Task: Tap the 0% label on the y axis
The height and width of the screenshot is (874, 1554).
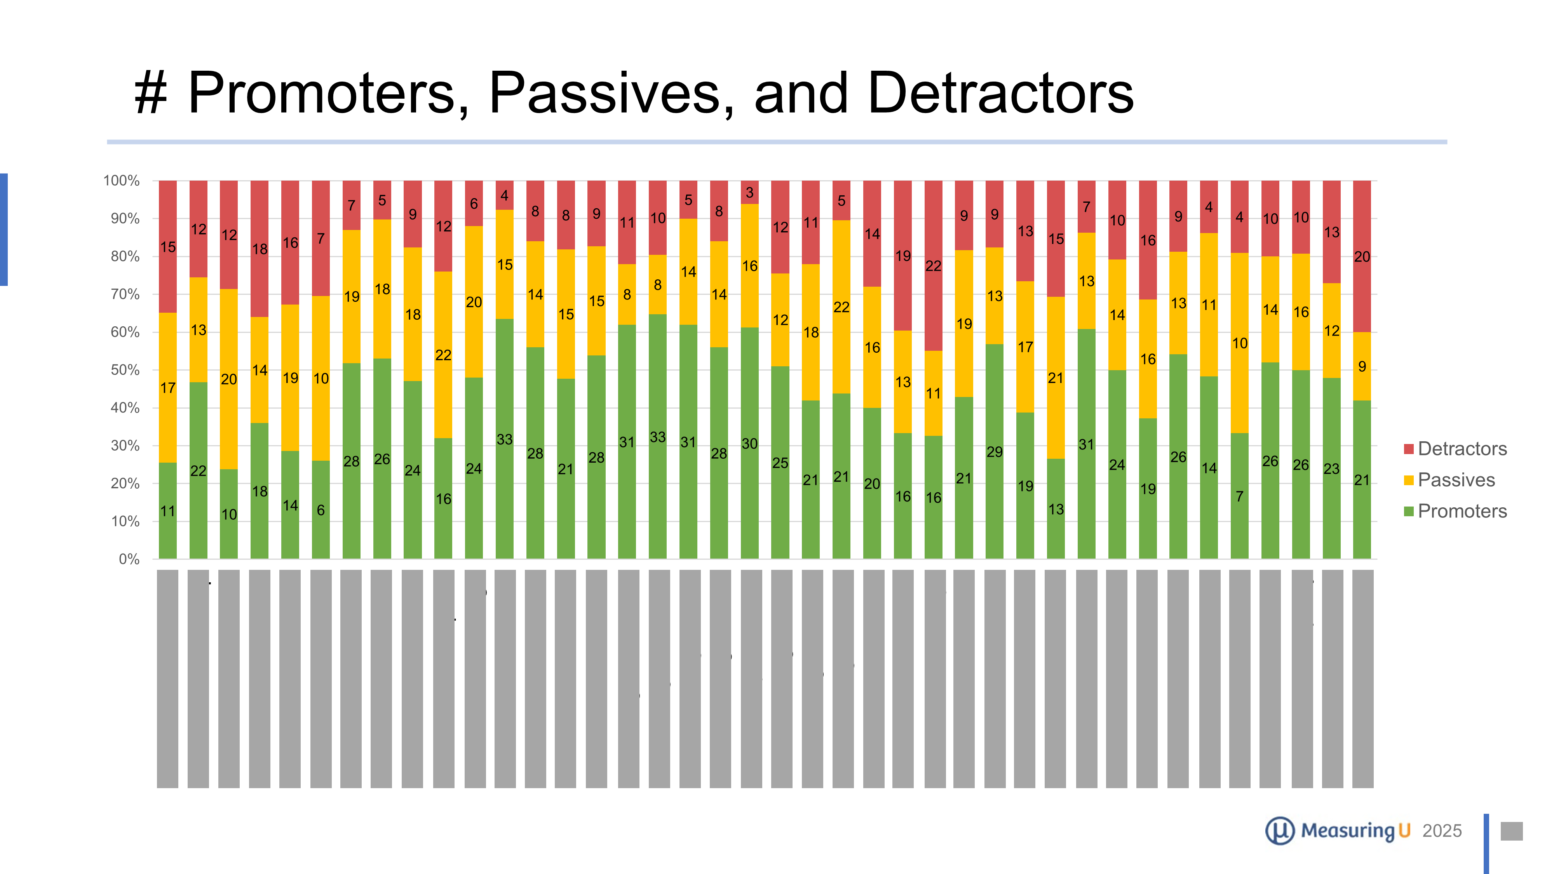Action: (x=129, y=559)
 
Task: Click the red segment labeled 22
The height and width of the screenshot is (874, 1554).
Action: (x=933, y=265)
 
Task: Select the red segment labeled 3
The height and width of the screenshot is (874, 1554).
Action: (x=750, y=192)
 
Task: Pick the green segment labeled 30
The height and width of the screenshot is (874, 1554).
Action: (x=750, y=443)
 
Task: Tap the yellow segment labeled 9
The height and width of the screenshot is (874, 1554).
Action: (x=1362, y=366)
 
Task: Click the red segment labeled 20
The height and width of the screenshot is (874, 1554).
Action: (x=1362, y=256)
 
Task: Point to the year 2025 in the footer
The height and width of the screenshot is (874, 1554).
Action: (x=1442, y=831)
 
